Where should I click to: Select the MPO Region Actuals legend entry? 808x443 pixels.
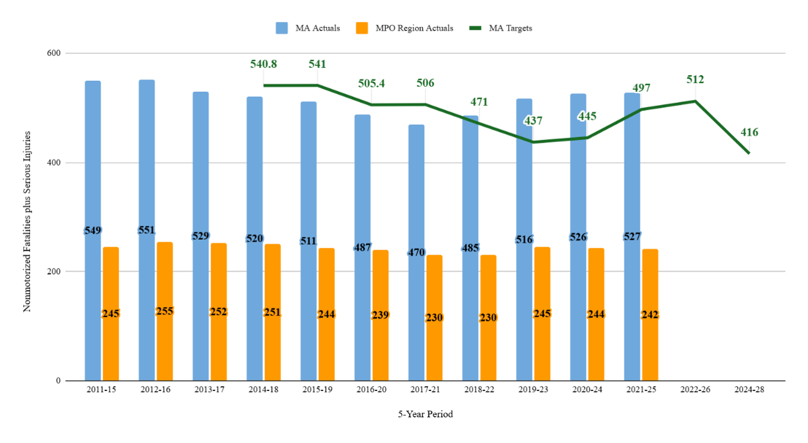point(405,28)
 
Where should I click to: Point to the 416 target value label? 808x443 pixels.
point(749,132)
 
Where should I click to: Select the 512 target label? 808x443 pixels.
point(695,80)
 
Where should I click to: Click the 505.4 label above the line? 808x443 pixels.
point(371,83)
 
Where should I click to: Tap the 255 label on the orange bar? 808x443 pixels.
point(165,311)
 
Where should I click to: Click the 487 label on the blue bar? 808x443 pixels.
point(362,248)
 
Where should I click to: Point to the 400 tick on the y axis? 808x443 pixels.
point(54,162)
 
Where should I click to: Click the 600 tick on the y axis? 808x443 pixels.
point(54,53)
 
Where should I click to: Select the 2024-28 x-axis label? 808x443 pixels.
point(749,389)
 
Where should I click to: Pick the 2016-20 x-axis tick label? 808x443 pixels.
point(372,389)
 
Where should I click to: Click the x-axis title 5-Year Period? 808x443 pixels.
point(425,414)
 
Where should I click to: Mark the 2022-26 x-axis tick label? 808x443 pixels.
point(695,389)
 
